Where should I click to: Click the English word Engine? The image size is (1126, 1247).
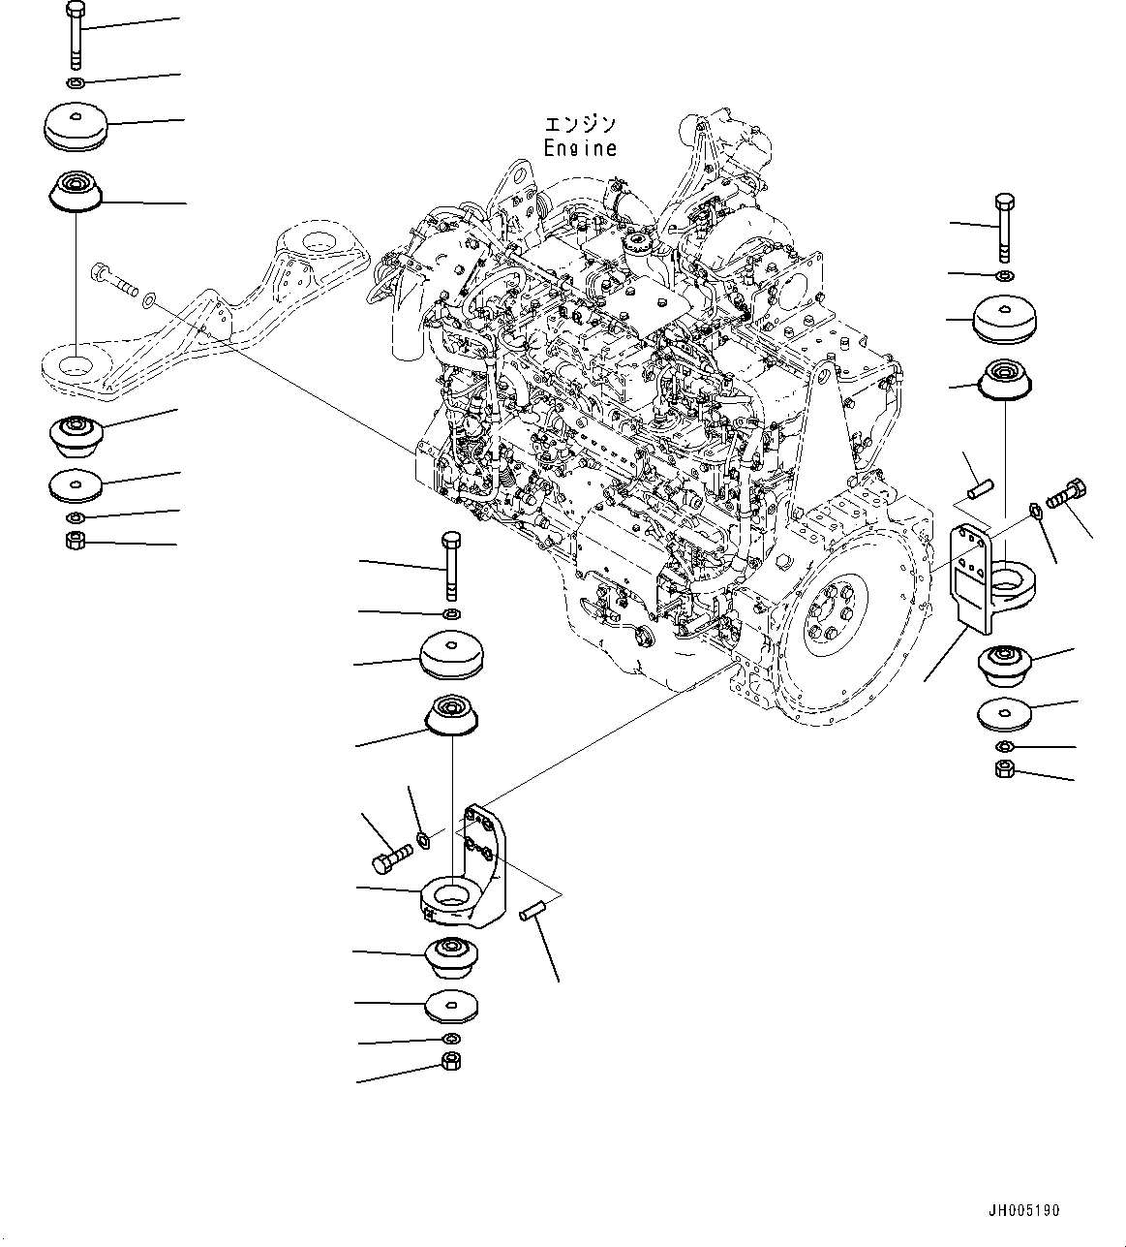(579, 149)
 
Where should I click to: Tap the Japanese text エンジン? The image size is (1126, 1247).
(579, 125)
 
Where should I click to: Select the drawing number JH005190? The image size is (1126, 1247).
(1023, 1210)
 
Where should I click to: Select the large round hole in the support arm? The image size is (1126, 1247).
(74, 366)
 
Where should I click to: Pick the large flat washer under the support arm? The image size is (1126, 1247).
(74, 484)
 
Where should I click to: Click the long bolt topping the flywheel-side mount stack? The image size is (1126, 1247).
(1004, 228)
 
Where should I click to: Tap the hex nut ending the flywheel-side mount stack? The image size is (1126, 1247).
(1004, 769)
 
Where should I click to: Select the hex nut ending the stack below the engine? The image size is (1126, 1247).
(451, 1061)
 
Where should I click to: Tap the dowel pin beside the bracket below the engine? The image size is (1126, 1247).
(534, 911)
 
